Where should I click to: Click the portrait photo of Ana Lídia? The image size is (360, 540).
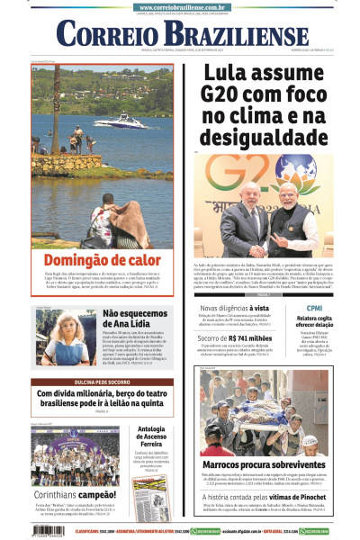(56, 338)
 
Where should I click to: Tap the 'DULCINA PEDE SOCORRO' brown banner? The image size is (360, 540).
(102, 382)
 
